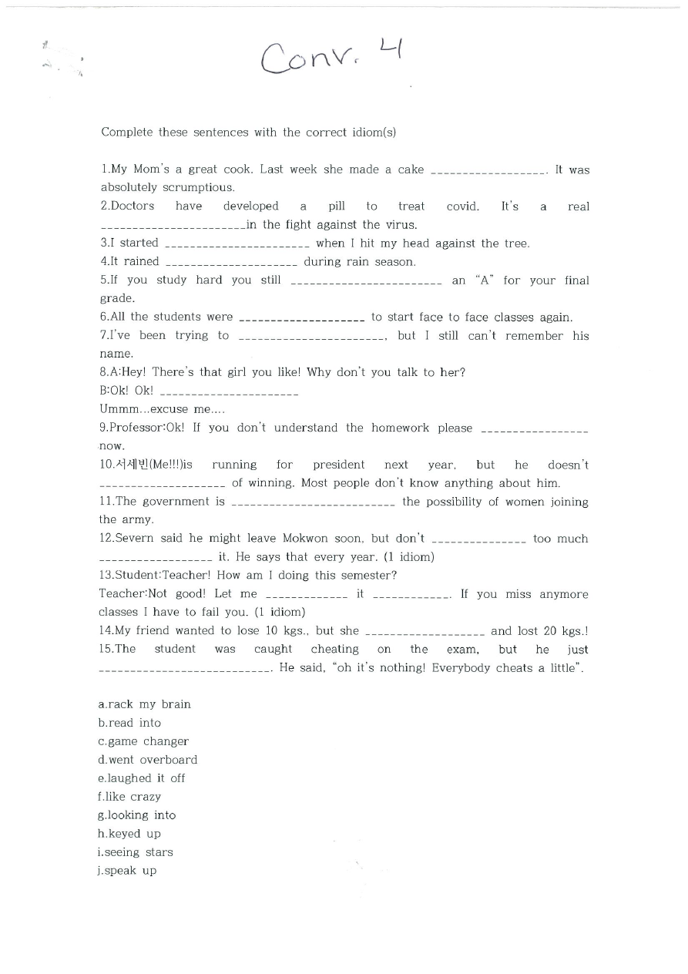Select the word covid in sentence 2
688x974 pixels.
462,207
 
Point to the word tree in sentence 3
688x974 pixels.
515,243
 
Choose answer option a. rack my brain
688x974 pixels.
144,704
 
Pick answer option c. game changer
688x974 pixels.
143,741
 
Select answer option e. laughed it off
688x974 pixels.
141,778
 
